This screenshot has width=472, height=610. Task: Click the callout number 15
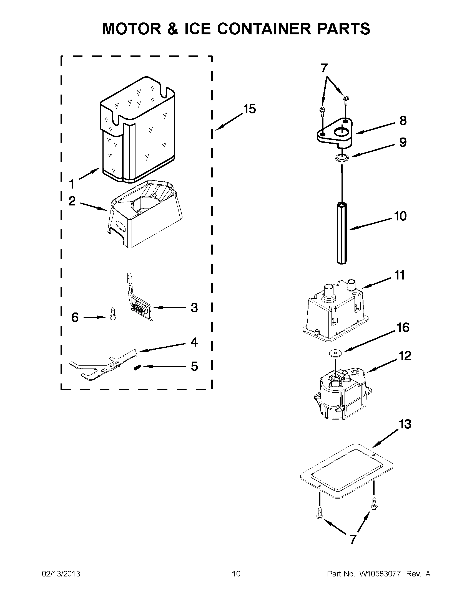(249, 109)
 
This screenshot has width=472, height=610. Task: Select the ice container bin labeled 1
(137, 131)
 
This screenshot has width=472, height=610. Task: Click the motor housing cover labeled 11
(336, 310)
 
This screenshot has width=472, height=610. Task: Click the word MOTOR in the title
(131, 29)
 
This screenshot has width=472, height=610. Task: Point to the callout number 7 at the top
(324, 68)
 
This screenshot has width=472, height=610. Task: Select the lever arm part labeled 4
(104, 366)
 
